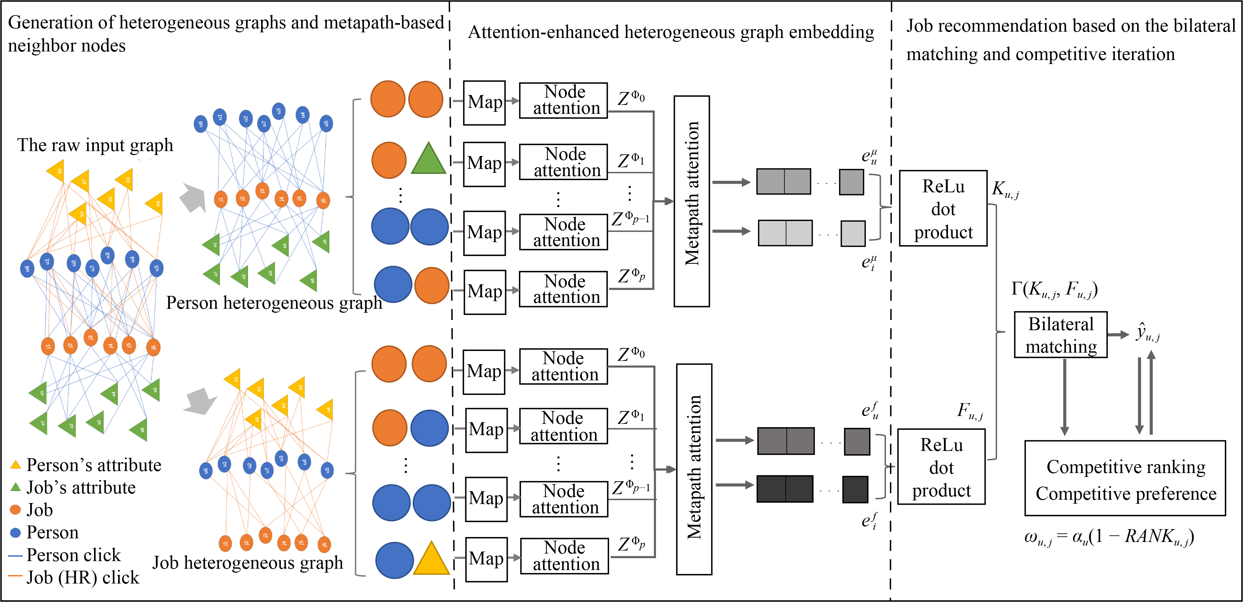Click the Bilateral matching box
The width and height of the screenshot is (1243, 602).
coord(1060,335)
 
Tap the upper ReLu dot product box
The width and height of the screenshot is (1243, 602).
coord(943,208)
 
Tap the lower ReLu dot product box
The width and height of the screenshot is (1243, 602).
coord(941,467)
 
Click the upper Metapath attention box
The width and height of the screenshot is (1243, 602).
coord(692,201)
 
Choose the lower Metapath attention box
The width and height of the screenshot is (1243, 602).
coord(694,469)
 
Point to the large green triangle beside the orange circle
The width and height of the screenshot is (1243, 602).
coord(428,160)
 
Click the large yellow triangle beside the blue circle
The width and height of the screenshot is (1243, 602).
coord(431,559)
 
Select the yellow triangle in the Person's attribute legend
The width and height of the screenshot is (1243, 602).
coord(16,465)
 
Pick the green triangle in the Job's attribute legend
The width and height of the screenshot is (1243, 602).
coord(16,487)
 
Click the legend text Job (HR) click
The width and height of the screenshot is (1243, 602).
coord(82,577)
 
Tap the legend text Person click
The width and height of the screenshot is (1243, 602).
coord(73,555)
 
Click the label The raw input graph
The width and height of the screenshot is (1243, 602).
coord(95,145)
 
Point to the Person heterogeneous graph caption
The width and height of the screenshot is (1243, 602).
coord(274,303)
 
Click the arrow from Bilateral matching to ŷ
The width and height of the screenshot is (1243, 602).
coord(1118,335)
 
